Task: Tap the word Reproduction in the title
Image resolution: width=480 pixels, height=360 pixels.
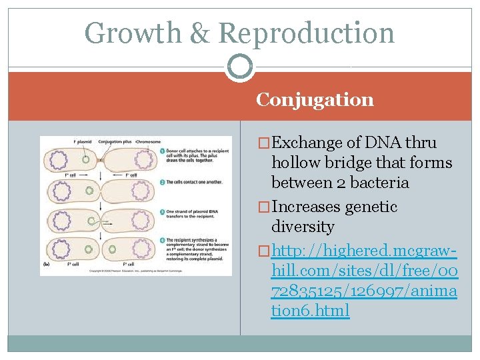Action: (306, 33)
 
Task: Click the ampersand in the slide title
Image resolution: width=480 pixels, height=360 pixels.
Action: (199, 33)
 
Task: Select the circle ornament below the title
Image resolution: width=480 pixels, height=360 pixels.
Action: (239, 67)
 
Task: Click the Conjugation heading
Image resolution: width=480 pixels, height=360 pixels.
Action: (315, 100)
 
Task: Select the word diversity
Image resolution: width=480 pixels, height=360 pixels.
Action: (303, 227)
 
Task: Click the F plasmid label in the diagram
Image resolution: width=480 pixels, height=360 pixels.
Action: (84, 141)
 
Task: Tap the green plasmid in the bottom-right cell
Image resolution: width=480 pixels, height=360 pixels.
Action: (111, 250)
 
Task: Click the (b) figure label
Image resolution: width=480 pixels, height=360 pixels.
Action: (45, 265)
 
